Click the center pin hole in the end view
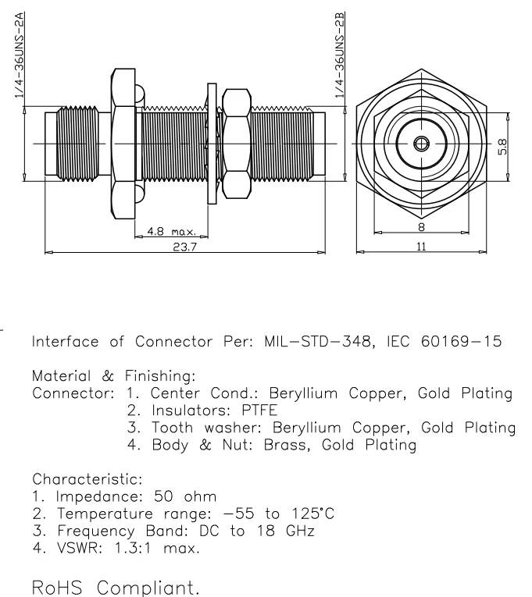click(421, 143)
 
